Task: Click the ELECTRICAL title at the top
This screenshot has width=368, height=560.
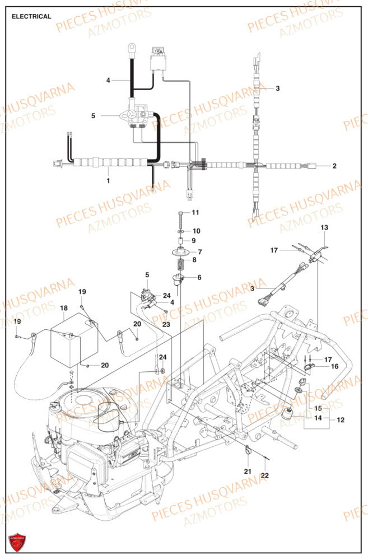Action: click(x=31, y=16)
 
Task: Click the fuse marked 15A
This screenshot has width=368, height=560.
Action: click(x=159, y=53)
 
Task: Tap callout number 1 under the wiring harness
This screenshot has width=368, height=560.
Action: click(x=109, y=180)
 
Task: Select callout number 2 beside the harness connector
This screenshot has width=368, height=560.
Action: click(x=334, y=166)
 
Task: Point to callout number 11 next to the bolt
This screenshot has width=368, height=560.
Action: click(x=195, y=212)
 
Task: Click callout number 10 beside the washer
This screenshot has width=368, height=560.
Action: click(x=196, y=231)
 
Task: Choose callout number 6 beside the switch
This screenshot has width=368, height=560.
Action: click(x=199, y=278)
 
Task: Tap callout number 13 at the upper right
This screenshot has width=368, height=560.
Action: click(x=325, y=227)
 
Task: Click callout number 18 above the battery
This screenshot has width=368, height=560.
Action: click(x=63, y=308)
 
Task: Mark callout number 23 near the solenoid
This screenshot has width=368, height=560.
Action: click(x=166, y=325)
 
